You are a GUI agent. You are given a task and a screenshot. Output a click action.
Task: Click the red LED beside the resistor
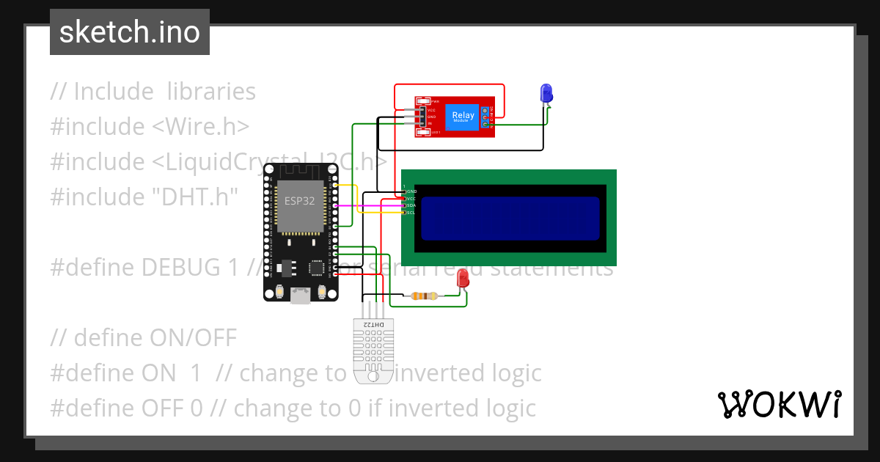click(x=463, y=279)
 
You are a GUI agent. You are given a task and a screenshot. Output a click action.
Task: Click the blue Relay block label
click(x=463, y=116)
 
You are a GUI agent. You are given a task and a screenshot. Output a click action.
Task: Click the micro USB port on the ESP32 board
click(x=300, y=296)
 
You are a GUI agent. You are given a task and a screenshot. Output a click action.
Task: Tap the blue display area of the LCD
click(x=510, y=219)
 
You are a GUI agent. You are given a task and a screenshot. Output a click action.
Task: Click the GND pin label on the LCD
click(x=411, y=191)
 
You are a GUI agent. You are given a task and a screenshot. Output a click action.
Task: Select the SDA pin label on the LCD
click(x=411, y=205)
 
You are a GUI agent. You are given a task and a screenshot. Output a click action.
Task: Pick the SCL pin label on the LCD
click(x=411, y=213)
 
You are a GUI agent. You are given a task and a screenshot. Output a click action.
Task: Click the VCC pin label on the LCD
click(x=411, y=198)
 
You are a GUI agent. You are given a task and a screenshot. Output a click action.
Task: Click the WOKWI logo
click(x=778, y=403)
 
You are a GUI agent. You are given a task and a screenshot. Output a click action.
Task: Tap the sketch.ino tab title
click(x=130, y=32)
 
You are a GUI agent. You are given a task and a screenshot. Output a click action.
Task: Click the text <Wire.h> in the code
click(x=200, y=126)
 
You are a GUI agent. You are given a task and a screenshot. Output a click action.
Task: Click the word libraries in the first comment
click(x=211, y=92)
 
